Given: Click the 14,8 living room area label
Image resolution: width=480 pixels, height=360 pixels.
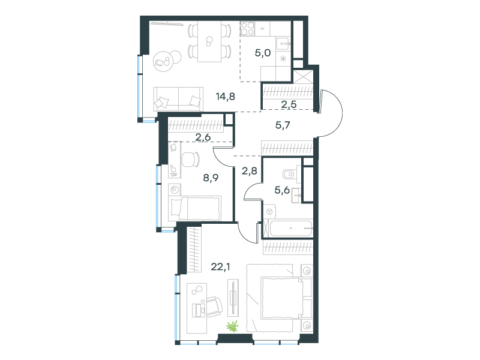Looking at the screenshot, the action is point(226,97).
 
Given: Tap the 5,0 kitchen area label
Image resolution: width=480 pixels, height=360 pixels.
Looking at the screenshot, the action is point(263,53).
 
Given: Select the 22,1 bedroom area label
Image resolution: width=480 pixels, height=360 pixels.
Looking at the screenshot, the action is point(220,267).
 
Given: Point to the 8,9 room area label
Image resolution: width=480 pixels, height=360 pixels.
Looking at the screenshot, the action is point(211,178).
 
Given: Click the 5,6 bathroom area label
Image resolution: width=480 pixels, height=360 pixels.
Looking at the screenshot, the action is point(282,190).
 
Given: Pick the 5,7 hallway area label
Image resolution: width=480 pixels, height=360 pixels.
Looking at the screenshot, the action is point(283,125).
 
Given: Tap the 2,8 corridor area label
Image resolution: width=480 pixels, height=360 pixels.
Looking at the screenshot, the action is point(250,171).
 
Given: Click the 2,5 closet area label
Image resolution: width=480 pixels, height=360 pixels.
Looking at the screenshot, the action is point(289,104).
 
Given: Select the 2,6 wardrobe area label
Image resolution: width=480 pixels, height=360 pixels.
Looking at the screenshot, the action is point(203,137).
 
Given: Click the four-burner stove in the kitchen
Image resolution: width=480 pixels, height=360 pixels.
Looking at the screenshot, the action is point(247,28).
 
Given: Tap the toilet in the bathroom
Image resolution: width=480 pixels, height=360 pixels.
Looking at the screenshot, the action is point(290,174).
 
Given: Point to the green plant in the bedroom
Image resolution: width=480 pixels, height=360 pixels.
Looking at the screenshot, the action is point(233,326).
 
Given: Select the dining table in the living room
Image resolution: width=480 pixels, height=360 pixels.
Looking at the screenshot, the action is point(209,41).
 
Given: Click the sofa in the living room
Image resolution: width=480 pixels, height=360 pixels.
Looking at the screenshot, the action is point(178,98).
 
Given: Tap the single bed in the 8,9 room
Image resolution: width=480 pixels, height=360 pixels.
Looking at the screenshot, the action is point(194,208).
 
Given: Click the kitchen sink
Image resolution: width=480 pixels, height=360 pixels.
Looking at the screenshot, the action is point(283,43).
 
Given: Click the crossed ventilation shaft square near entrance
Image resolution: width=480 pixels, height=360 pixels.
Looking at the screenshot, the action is point(303,77).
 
